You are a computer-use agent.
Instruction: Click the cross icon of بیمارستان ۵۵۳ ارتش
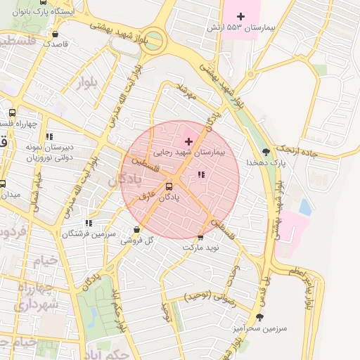[x=242, y=15]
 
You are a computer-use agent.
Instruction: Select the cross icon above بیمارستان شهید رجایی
[x=188, y=141]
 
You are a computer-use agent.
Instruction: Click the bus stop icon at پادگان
[x=168, y=186]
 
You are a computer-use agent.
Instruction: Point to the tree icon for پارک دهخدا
[x=266, y=151]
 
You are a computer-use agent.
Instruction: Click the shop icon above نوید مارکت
[x=201, y=237]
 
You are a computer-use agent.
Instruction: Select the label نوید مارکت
[x=201, y=248]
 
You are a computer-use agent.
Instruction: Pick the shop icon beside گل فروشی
[x=136, y=230]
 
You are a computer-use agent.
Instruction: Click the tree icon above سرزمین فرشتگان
[x=89, y=222]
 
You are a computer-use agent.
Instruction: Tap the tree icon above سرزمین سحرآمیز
[x=259, y=317]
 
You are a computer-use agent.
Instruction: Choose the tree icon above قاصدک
[x=56, y=33]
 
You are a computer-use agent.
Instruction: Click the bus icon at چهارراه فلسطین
[x=12, y=112]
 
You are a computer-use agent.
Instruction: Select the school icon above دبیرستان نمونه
[x=49, y=136]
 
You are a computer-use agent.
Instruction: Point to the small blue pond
[x=305, y=207]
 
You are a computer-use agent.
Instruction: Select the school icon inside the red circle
[x=201, y=174]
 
